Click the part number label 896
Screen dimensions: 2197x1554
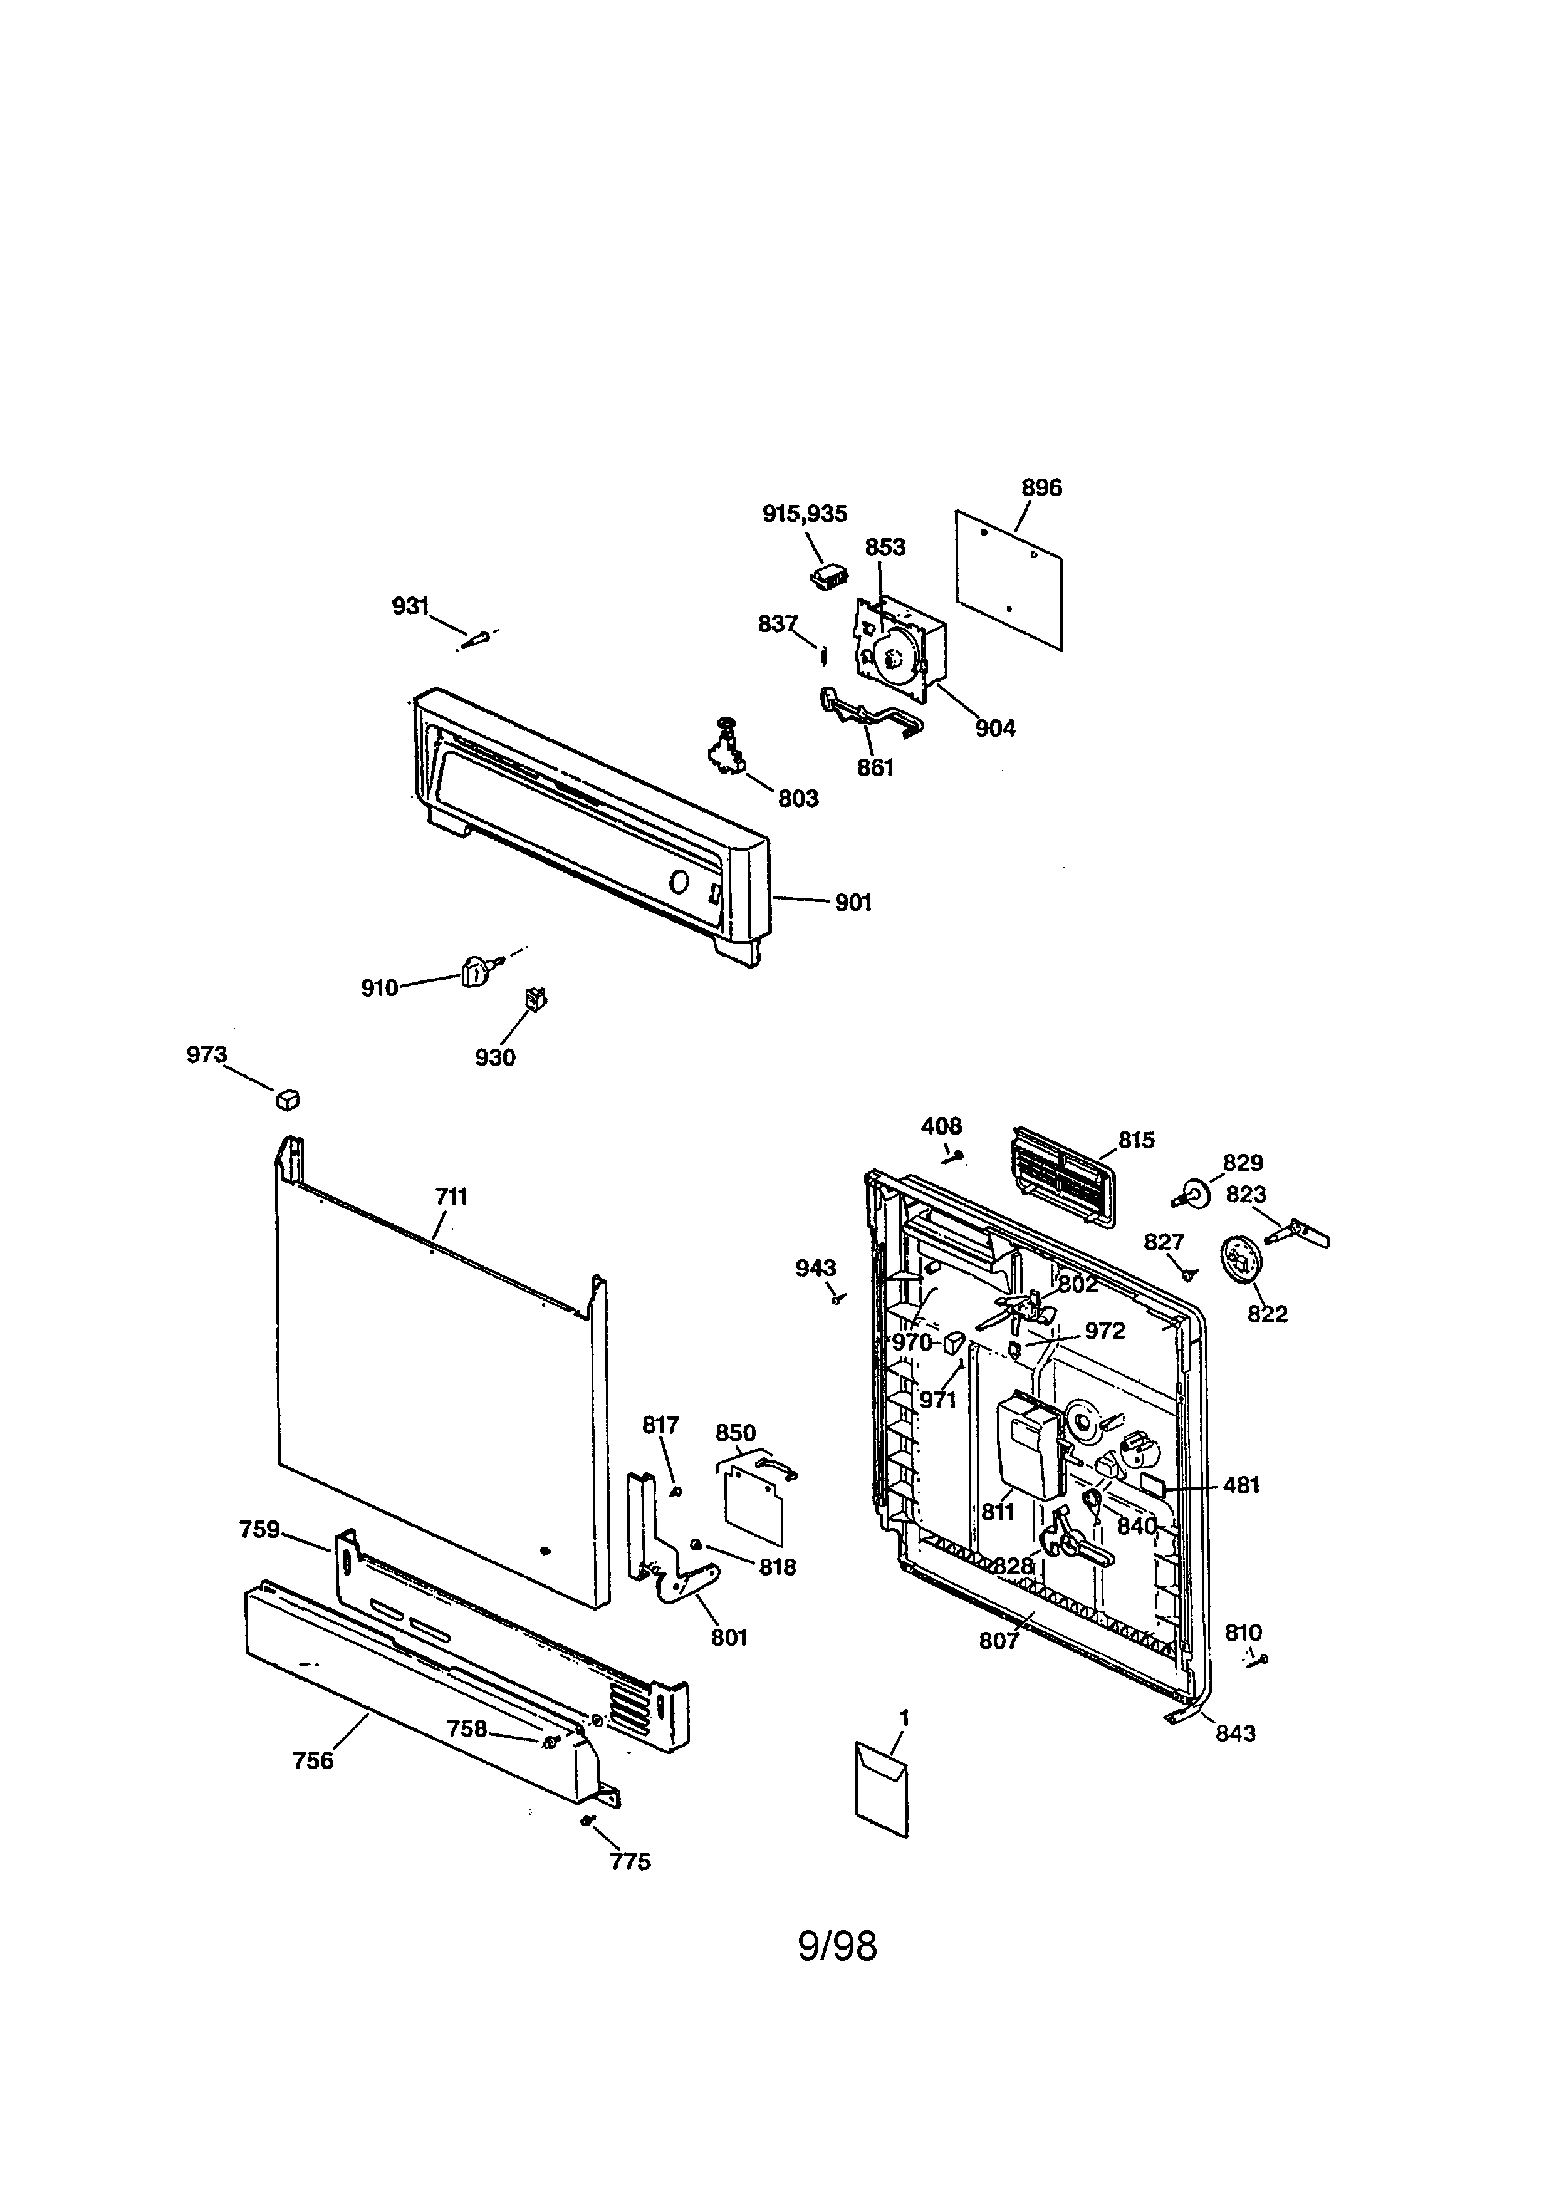1041,488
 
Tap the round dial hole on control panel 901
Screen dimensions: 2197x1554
677,881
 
